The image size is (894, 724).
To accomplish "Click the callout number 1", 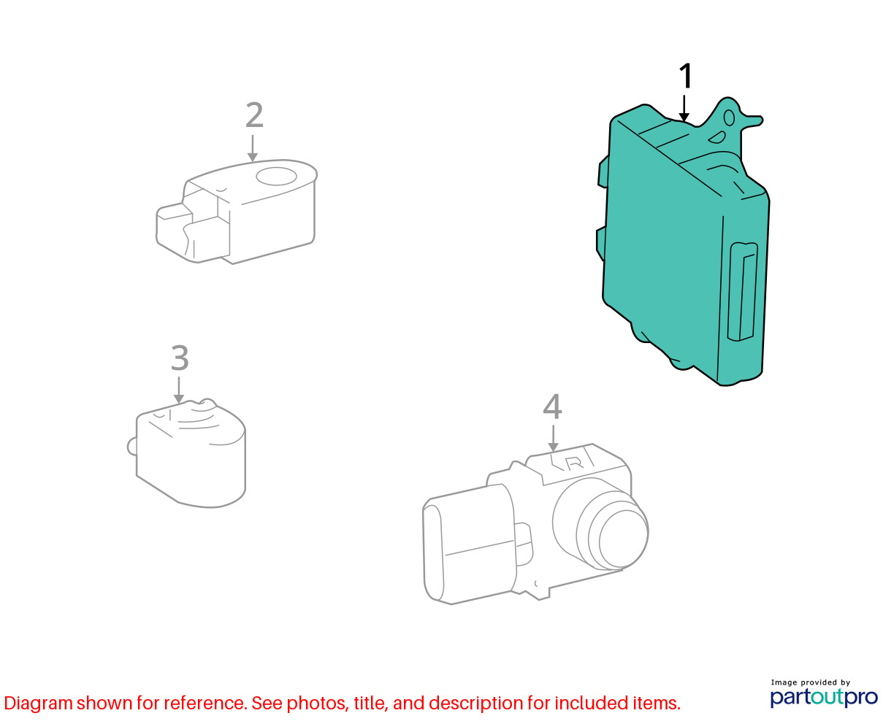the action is (685, 76).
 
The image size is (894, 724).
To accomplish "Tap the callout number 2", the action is (254, 115).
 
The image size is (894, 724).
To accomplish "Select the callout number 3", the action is (180, 358).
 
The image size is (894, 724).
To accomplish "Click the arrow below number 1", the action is (684, 108).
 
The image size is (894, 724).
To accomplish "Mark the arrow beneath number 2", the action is (252, 148).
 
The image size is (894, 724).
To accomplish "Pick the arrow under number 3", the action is (179, 390).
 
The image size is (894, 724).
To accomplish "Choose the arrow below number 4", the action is (553, 439).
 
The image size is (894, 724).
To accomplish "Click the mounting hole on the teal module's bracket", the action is (730, 118).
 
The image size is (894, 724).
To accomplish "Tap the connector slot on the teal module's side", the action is (743, 291).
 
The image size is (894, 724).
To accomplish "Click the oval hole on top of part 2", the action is (277, 176).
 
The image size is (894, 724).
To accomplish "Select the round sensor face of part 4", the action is (624, 540).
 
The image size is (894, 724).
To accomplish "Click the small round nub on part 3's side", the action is (131, 447).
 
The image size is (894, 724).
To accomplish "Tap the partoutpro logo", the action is (823, 697).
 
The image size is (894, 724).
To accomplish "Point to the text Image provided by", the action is (811, 682).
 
